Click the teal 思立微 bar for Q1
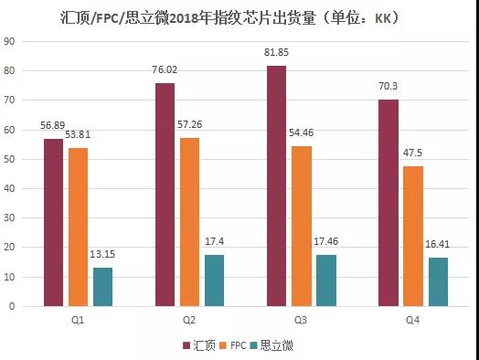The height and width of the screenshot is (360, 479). [103, 286]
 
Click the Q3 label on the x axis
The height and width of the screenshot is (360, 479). [301, 320]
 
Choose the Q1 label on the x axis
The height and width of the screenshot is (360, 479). [78, 320]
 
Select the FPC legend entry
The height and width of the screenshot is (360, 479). [234, 344]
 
